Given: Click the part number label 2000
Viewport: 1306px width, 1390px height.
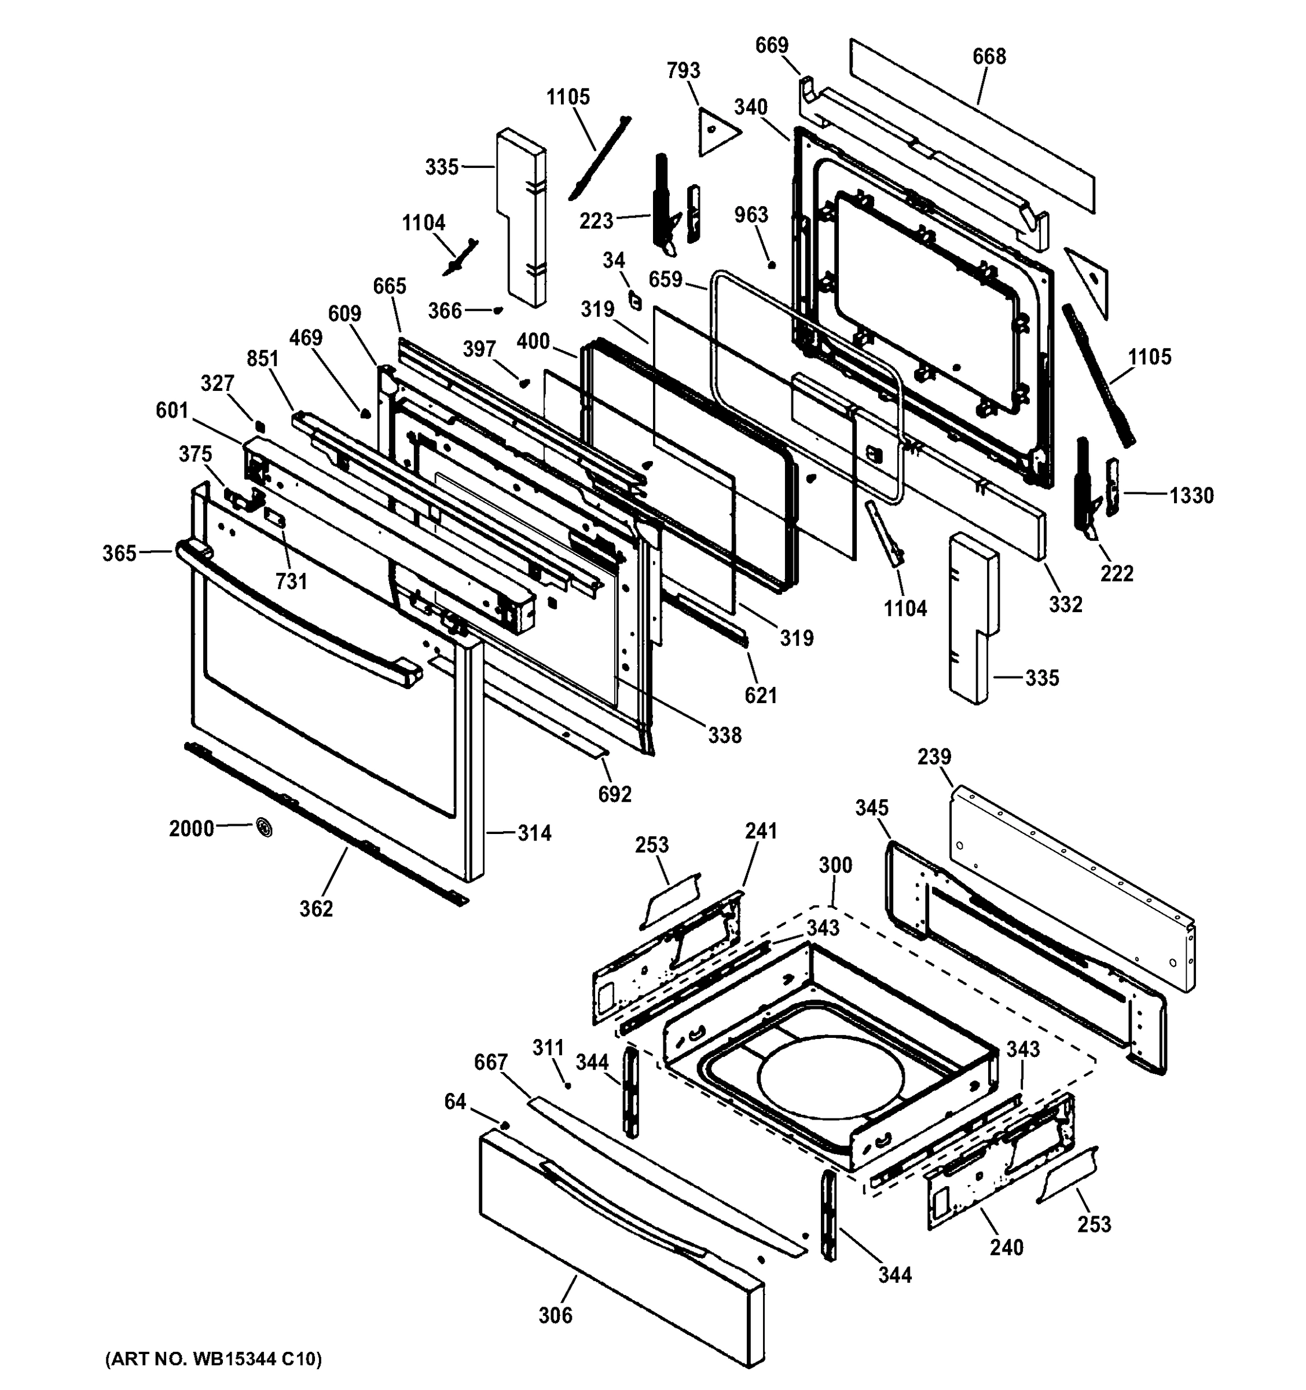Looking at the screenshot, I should (x=191, y=829).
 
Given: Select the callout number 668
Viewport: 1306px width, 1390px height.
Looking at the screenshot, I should (x=989, y=56).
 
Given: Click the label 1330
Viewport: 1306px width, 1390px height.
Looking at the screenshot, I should (x=1191, y=496).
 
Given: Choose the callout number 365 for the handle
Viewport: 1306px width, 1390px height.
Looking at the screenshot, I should (x=119, y=554).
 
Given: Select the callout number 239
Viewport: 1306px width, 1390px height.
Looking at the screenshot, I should (x=934, y=756).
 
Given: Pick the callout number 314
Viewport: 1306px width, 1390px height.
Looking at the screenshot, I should (x=534, y=833).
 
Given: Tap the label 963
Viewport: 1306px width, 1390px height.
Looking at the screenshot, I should (x=751, y=215).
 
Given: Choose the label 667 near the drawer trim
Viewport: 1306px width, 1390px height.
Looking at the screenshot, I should (x=490, y=1062).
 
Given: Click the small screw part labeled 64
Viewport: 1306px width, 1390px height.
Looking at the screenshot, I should (x=504, y=1125).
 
